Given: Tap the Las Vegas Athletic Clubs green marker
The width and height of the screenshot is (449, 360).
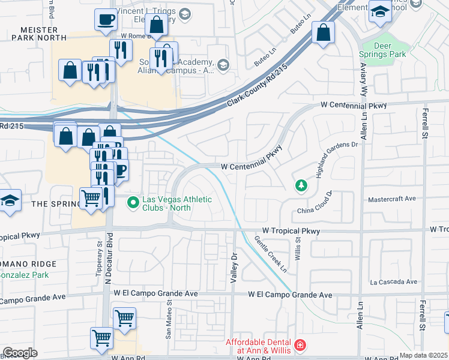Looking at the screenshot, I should click(x=134, y=203).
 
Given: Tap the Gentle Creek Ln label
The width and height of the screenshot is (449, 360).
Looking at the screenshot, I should click(x=270, y=253).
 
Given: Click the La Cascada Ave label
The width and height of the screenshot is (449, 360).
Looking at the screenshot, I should click(x=393, y=281).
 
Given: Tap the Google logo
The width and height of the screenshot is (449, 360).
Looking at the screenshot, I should click(x=19, y=353).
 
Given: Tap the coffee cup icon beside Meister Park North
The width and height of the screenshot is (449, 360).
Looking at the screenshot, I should click(x=106, y=20).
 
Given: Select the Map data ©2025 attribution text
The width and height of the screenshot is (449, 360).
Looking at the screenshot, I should click(x=424, y=355).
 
